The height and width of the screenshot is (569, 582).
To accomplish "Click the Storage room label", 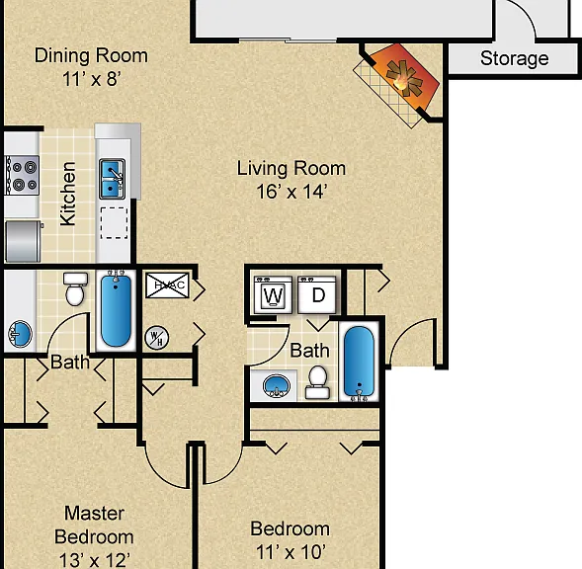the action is pyautogui.click(x=515, y=58).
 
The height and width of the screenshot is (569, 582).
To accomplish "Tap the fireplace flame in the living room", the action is pyautogui.click(x=404, y=78).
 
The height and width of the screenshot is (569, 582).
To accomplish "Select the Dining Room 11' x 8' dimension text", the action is pyautogui.click(x=91, y=79).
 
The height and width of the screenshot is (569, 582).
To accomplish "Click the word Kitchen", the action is pyautogui.click(x=68, y=194).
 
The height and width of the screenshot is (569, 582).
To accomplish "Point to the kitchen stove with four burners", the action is pyautogui.click(x=22, y=175).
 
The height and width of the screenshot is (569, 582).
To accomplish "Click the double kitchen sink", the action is pyautogui.click(x=112, y=179).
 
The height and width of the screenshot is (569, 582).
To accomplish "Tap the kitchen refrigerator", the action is pyautogui.click(x=23, y=241).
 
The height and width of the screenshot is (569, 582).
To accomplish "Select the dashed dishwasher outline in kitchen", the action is pyautogui.click(x=114, y=222).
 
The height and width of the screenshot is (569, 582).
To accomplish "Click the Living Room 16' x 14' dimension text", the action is pyautogui.click(x=291, y=192).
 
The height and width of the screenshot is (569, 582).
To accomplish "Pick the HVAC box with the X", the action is pyautogui.click(x=167, y=285).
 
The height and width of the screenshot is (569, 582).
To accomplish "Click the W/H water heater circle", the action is pyautogui.click(x=157, y=338).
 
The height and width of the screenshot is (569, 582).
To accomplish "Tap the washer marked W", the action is pyautogui.click(x=273, y=295).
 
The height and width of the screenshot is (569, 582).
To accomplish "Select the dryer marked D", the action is pyautogui.click(x=317, y=295).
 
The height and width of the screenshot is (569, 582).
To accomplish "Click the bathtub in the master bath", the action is pyautogui.click(x=116, y=310).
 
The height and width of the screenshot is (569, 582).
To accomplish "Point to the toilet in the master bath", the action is pyautogui.click(x=75, y=289).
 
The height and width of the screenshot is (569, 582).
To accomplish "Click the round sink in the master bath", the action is pyautogui.click(x=20, y=334).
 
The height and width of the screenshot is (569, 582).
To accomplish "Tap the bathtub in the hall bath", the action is pyautogui.click(x=359, y=363).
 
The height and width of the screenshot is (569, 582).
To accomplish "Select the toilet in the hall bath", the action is pyautogui.click(x=318, y=382).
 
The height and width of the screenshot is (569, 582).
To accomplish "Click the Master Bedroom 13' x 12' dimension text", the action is pyautogui.click(x=95, y=560).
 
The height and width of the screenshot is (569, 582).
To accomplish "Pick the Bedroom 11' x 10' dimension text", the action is pyautogui.click(x=291, y=552).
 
